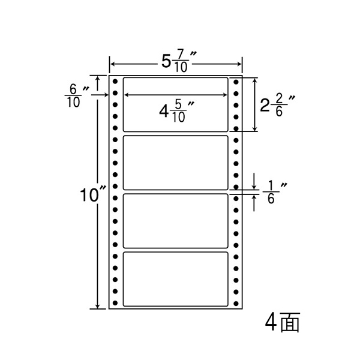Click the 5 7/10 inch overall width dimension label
(179, 62)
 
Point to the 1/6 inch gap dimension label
(275, 193)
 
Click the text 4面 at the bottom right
(283, 322)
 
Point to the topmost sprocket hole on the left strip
(115, 82)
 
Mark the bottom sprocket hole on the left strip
(115, 303)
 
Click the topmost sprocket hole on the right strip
(236, 82)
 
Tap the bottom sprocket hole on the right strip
(236, 304)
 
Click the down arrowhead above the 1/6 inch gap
(254, 187)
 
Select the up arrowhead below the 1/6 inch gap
(254, 197)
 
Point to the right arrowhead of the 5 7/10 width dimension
(239, 64)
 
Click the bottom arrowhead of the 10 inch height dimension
(98, 305)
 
